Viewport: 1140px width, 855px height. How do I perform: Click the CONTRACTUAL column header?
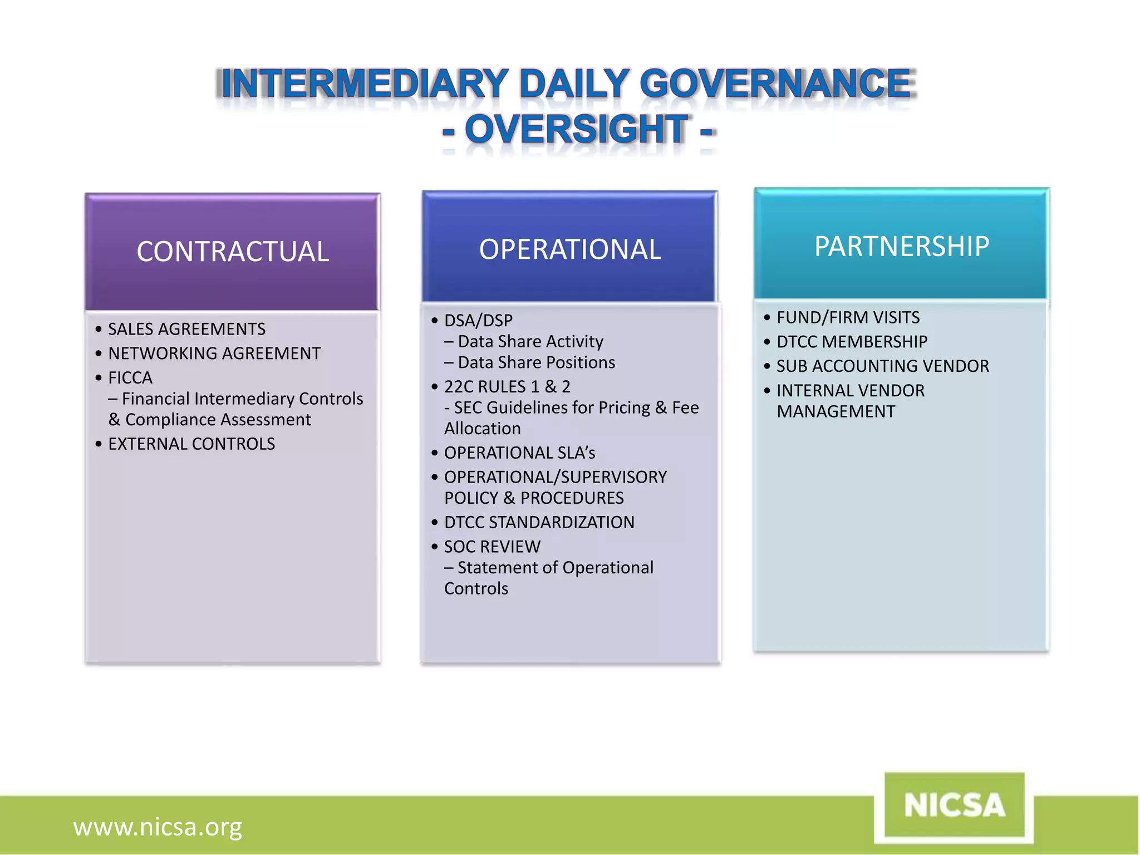click(x=233, y=252)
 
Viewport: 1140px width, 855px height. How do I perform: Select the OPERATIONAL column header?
click(x=570, y=249)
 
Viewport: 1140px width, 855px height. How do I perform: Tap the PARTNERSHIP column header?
click(x=902, y=246)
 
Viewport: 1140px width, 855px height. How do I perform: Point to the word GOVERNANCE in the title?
click(x=777, y=83)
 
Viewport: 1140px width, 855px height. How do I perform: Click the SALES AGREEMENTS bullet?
click(x=186, y=329)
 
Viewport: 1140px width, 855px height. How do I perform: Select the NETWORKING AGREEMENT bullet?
click(x=214, y=353)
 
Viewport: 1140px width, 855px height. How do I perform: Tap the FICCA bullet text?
click(x=130, y=378)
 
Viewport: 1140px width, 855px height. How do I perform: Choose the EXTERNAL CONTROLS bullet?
click(x=191, y=444)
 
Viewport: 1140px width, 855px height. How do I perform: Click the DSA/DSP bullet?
click(x=478, y=321)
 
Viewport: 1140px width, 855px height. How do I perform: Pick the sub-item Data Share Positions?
click(x=536, y=362)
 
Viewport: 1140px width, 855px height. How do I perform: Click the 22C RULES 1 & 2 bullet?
click(x=507, y=386)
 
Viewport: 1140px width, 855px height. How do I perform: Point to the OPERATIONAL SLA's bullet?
click(x=519, y=453)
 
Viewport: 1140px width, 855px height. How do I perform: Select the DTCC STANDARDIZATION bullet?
click(x=539, y=522)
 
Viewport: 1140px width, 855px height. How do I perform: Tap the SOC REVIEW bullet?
click(x=492, y=547)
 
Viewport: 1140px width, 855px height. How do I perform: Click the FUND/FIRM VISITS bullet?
click(x=848, y=317)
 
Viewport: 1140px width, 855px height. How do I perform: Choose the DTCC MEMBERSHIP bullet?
click(x=852, y=342)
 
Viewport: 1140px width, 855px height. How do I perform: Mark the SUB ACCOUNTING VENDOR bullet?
click(x=883, y=366)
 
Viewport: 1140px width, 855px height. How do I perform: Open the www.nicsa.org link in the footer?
click(x=158, y=827)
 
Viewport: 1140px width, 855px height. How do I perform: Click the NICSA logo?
click(x=954, y=805)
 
